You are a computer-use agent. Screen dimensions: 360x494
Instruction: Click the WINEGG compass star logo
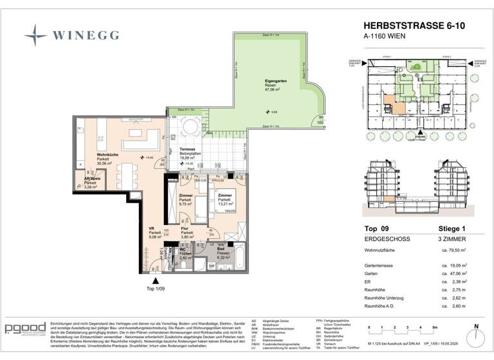click(36, 34)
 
